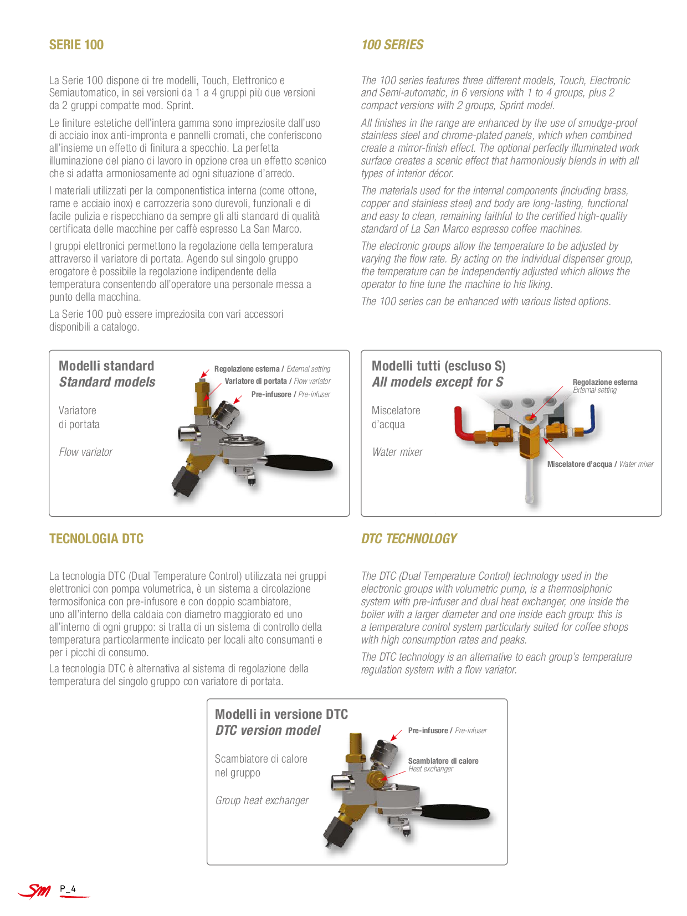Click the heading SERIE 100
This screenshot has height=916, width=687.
tap(76, 45)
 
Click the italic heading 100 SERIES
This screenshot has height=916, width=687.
tap(392, 45)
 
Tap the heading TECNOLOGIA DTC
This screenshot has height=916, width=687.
tap(96, 539)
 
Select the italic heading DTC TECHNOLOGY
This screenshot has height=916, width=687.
tap(409, 539)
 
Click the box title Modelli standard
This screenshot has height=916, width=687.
tap(106, 366)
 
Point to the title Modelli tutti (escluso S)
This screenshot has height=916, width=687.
tap(438, 366)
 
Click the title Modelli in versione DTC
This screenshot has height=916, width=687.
tap(281, 714)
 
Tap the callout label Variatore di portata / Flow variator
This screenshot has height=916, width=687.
tap(278, 381)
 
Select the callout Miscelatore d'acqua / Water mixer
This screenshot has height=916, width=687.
tap(601, 464)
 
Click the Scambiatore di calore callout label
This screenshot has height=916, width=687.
tap(443, 761)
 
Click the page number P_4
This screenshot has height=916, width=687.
tap(68, 889)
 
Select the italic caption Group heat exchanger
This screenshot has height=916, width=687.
tap(262, 801)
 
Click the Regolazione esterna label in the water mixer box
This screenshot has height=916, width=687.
tap(605, 383)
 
